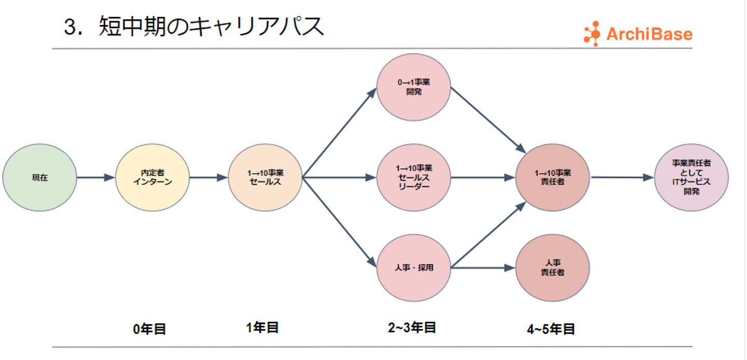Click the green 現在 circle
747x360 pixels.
tap(39, 177)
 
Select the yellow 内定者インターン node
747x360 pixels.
tap(153, 177)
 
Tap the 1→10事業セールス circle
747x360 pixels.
tap(265, 177)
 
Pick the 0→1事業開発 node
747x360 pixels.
tap(413, 87)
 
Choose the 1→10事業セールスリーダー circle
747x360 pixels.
tap(413, 177)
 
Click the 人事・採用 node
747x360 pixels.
tap(413, 268)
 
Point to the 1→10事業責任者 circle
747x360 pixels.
tap(552, 177)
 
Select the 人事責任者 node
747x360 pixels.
tap(552, 268)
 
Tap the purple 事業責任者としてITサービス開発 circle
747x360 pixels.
tap(691, 177)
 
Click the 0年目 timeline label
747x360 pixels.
tap(149, 329)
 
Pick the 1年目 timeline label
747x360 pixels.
tap(262, 328)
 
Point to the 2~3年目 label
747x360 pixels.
tap(412, 328)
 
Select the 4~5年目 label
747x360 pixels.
tap(551, 329)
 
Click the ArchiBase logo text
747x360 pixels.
tap(649, 34)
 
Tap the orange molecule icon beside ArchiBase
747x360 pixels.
tap(592, 34)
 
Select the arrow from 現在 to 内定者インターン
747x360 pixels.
tap(96, 177)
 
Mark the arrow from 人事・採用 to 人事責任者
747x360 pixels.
tap(483, 268)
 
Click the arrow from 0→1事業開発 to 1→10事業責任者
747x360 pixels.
tap(488, 120)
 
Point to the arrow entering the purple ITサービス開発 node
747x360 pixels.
tap(622, 177)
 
